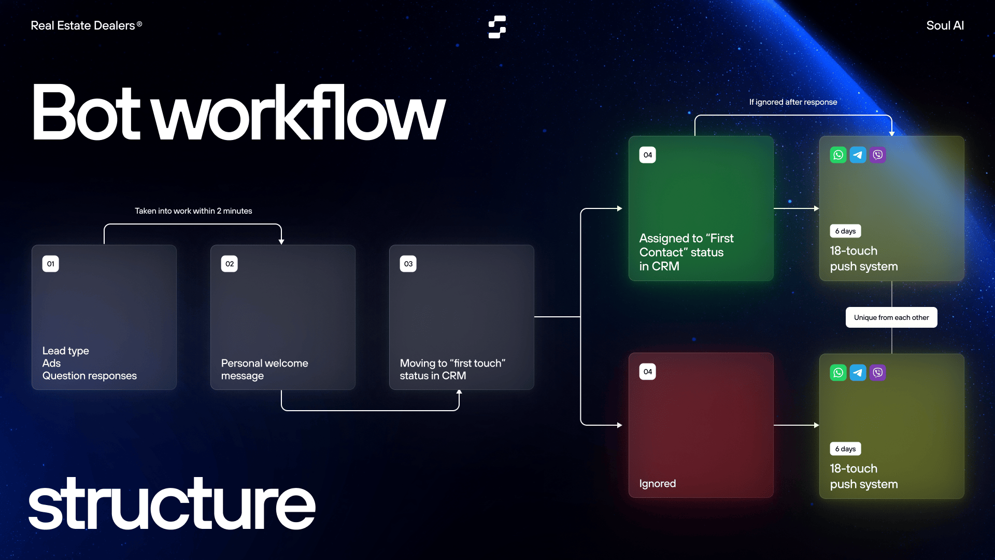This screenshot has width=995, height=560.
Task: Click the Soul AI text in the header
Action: pyautogui.click(x=945, y=25)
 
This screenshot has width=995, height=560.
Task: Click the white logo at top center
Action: pyautogui.click(x=497, y=27)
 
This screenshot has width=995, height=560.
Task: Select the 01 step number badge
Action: pyautogui.click(x=51, y=264)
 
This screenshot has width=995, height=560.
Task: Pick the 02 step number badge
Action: pyautogui.click(x=230, y=264)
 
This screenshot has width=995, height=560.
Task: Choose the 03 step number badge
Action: pyautogui.click(x=408, y=264)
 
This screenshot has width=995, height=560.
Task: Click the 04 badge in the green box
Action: pyautogui.click(x=648, y=155)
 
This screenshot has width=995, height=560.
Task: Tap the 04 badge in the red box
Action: pyautogui.click(x=648, y=372)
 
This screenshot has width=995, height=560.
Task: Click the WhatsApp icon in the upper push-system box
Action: pyautogui.click(x=838, y=155)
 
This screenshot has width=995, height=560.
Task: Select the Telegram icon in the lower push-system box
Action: pyautogui.click(x=858, y=373)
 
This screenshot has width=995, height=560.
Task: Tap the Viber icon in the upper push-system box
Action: pyautogui.click(x=877, y=155)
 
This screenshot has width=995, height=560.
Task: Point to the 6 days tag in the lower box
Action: pyautogui.click(x=845, y=449)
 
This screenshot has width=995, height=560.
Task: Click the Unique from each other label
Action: pyautogui.click(x=891, y=317)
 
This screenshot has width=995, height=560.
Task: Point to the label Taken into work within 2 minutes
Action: pyautogui.click(x=193, y=211)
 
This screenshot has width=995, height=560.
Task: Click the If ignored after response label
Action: pyautogui.click(x=793, y=102)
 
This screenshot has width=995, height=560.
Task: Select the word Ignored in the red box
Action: pyautogui.click(x=657, y=484)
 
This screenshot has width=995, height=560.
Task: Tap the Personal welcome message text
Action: pyautogui.click(x=264, y=369)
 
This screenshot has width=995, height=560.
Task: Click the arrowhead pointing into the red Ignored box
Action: pyautogui.click(x=620, y=425)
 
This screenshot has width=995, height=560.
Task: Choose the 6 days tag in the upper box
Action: pyautogui.click(x=845, y=231)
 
